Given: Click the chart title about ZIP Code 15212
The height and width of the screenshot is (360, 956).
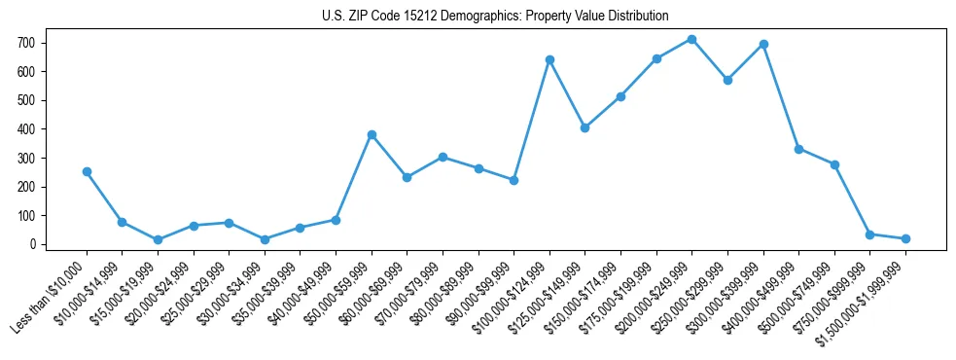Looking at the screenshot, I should click(495, 16).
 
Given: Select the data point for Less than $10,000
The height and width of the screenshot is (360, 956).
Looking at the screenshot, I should click(87, 171).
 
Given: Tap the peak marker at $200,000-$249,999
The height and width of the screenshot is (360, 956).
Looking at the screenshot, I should click(691, 39).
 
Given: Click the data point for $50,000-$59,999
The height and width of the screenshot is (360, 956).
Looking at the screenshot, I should click(372, 134).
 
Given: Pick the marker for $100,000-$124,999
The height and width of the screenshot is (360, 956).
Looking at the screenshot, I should click(549, 59).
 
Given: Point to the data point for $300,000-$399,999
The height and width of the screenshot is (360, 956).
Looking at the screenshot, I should click(763, 44).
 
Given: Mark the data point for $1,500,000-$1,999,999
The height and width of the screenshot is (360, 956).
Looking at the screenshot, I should click(905, 238).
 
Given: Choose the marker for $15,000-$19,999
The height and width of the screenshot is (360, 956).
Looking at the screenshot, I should click(158, 239).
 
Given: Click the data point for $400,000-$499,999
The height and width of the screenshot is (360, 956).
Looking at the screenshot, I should click(798, 149).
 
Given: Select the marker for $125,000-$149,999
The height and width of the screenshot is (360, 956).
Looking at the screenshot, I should click(584, 127).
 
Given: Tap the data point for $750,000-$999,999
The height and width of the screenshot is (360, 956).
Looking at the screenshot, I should click(869, 234).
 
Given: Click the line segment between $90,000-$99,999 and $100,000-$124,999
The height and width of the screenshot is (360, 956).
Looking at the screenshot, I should click(532, 120).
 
